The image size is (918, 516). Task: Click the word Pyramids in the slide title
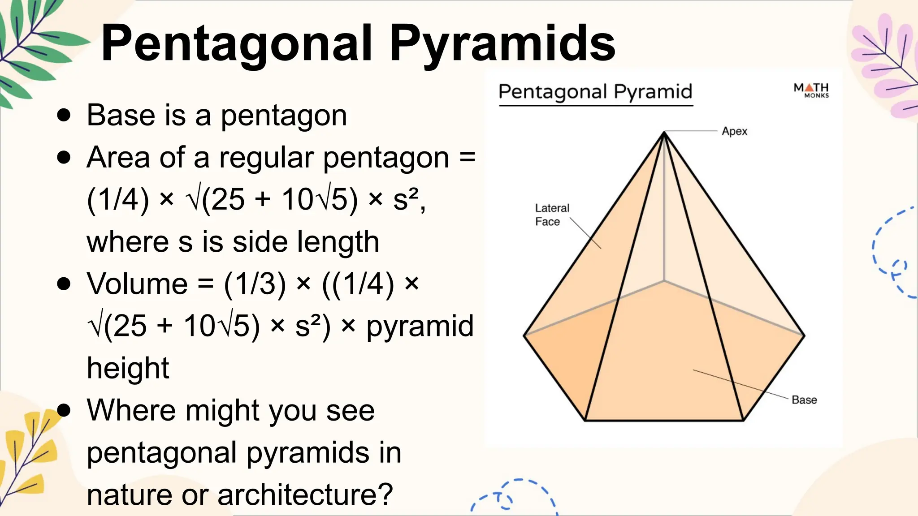click(x=502, y=44)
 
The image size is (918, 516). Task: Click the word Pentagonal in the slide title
click(x=237, y=44)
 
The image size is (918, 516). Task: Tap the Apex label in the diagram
click(x=734, y=131)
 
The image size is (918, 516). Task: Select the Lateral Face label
click(x=551, y=215)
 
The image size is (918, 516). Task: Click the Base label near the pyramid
click(x=804, y=400)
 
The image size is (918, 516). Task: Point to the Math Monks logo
click(x=811, y=90)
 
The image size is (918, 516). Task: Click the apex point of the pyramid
click(x=664, y=132)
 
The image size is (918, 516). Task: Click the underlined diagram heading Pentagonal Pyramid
click(x=595, y=91)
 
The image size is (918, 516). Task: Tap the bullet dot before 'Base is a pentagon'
click(x=64, y=115)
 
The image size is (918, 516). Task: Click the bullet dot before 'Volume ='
click(x=64, y=284)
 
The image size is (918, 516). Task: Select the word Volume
click(x=137, y=284)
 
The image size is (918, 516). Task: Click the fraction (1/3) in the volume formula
click(x=255, y=284)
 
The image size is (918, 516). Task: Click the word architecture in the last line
click(x=305, y=494)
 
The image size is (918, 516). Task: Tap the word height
click(x=128, y=368)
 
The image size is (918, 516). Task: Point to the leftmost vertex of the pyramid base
click(x=524, y=335)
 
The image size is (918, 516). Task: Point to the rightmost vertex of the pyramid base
click(x=804, y=335)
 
